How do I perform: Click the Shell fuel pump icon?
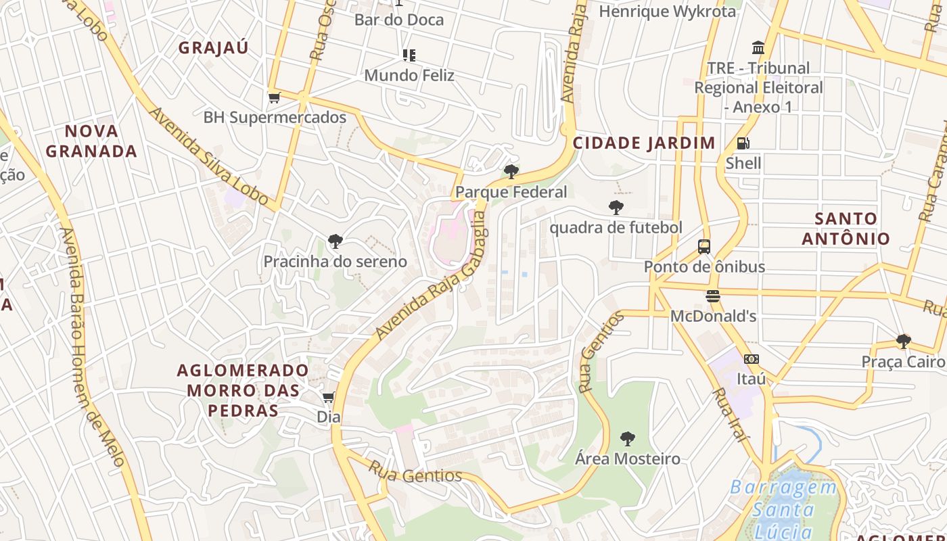(x=743, y=143)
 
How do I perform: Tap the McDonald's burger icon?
(x=712, y=296)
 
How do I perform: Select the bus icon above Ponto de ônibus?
(x=704, y=246)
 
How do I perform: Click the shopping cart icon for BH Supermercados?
(x=274, y=97)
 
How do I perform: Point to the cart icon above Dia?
(x=329, y=397)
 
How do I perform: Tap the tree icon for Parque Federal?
(x=511, y=172)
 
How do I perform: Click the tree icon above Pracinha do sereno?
(x=335, y=241)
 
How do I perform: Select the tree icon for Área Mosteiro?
(x=628, y=439)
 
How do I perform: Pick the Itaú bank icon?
(x=751, y=359)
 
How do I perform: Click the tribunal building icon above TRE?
(x=758, y=48)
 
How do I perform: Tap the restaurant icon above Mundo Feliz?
(x=409, y=55)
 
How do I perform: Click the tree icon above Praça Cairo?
(x=903, y=342)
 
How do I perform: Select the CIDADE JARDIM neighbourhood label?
(x=644, y=143)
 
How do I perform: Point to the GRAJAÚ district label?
(x=213, y=48)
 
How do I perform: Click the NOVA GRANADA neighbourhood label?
(x=91, y=141)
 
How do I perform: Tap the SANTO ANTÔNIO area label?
(x=846, y=229)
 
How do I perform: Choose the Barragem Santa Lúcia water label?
(x=783, y=509)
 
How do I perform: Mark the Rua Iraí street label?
(x=731, y=415)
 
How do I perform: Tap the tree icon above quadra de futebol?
(x=616, y=208)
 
